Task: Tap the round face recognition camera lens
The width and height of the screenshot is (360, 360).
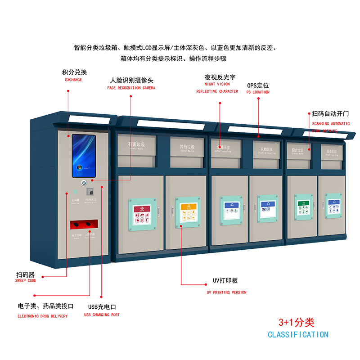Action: [84, 183]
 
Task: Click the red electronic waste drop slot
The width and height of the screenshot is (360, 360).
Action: [84, 223]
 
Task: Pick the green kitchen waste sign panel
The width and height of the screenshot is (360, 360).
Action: [303, 207]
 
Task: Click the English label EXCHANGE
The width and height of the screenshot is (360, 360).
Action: [73, 80]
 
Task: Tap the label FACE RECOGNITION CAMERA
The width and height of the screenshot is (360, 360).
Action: [131, 88]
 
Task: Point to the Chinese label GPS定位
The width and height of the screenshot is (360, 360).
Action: [258, 85]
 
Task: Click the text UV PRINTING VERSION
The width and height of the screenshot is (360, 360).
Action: [226, 292]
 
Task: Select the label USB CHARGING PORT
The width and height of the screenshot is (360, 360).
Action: [102, 315]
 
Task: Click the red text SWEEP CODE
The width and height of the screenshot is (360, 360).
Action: [26, 281]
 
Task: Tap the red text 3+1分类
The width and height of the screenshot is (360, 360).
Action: [296, 322]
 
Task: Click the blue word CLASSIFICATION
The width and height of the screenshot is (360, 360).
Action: [298, 335]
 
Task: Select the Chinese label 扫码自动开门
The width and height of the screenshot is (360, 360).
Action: [330, 114]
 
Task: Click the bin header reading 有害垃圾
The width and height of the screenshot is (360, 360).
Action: [136, 145]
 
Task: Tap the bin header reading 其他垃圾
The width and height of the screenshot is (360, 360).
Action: [187, 147]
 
